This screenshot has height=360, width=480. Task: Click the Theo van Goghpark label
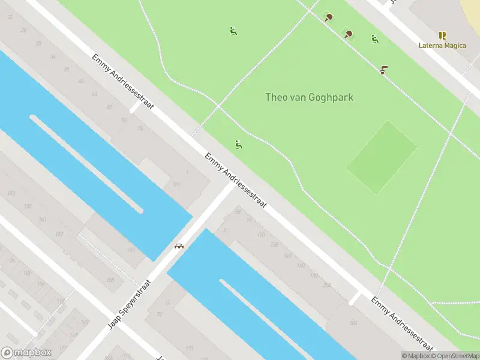(309, 97)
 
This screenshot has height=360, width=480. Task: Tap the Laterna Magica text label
(442, 46)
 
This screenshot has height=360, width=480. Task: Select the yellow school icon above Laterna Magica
(442, 35)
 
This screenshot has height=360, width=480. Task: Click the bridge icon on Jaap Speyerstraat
(179, 245)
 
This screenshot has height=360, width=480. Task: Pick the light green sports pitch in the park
(382, 157)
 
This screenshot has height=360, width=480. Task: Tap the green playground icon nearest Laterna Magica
(374, 39)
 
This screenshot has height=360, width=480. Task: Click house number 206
(353, 323)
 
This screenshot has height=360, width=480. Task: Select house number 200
(327, 286)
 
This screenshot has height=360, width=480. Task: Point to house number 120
(275, 245)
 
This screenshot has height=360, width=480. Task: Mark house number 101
(176, 184)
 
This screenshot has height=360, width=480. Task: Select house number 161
(43, 219)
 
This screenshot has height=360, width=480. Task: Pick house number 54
(124, 121)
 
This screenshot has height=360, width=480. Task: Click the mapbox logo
(26, 353)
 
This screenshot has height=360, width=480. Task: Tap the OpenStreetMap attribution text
(456, 356)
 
